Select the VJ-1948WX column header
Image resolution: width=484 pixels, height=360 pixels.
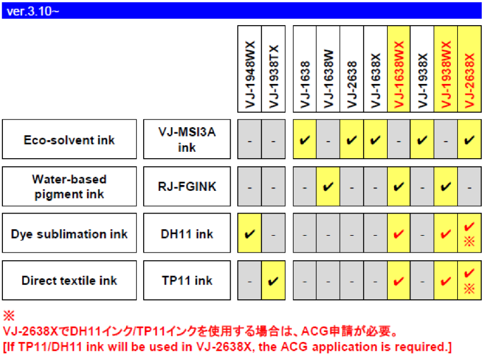[x=249, y=68]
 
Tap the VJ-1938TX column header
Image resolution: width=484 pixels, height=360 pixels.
[x=273, y=68]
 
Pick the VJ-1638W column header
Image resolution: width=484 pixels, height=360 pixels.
[x=328, y=68]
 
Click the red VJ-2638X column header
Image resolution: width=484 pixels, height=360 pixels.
[x=469, y=68]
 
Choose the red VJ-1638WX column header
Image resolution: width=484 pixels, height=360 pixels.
[x=398, y=68]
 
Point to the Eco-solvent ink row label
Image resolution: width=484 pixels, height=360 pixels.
[x=69, y=140]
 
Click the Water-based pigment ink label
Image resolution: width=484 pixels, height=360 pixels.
[x=69, y=187]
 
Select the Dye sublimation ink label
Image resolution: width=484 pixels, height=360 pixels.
[x=69, y=234]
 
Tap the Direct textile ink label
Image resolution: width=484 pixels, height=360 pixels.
[x=69, y=281]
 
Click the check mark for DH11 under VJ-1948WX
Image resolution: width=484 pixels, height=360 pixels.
[x=249, y=234]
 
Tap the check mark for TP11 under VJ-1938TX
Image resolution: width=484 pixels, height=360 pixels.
[x=273, y=281]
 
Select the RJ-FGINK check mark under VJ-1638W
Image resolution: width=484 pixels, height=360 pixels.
[x=328, y=187]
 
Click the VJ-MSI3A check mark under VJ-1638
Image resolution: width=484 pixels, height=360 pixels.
[x=305, y=140]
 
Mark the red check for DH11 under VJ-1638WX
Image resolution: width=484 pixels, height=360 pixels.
[x=398, y=234]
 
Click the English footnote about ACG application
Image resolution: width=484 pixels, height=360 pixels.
[x=227, y=348]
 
